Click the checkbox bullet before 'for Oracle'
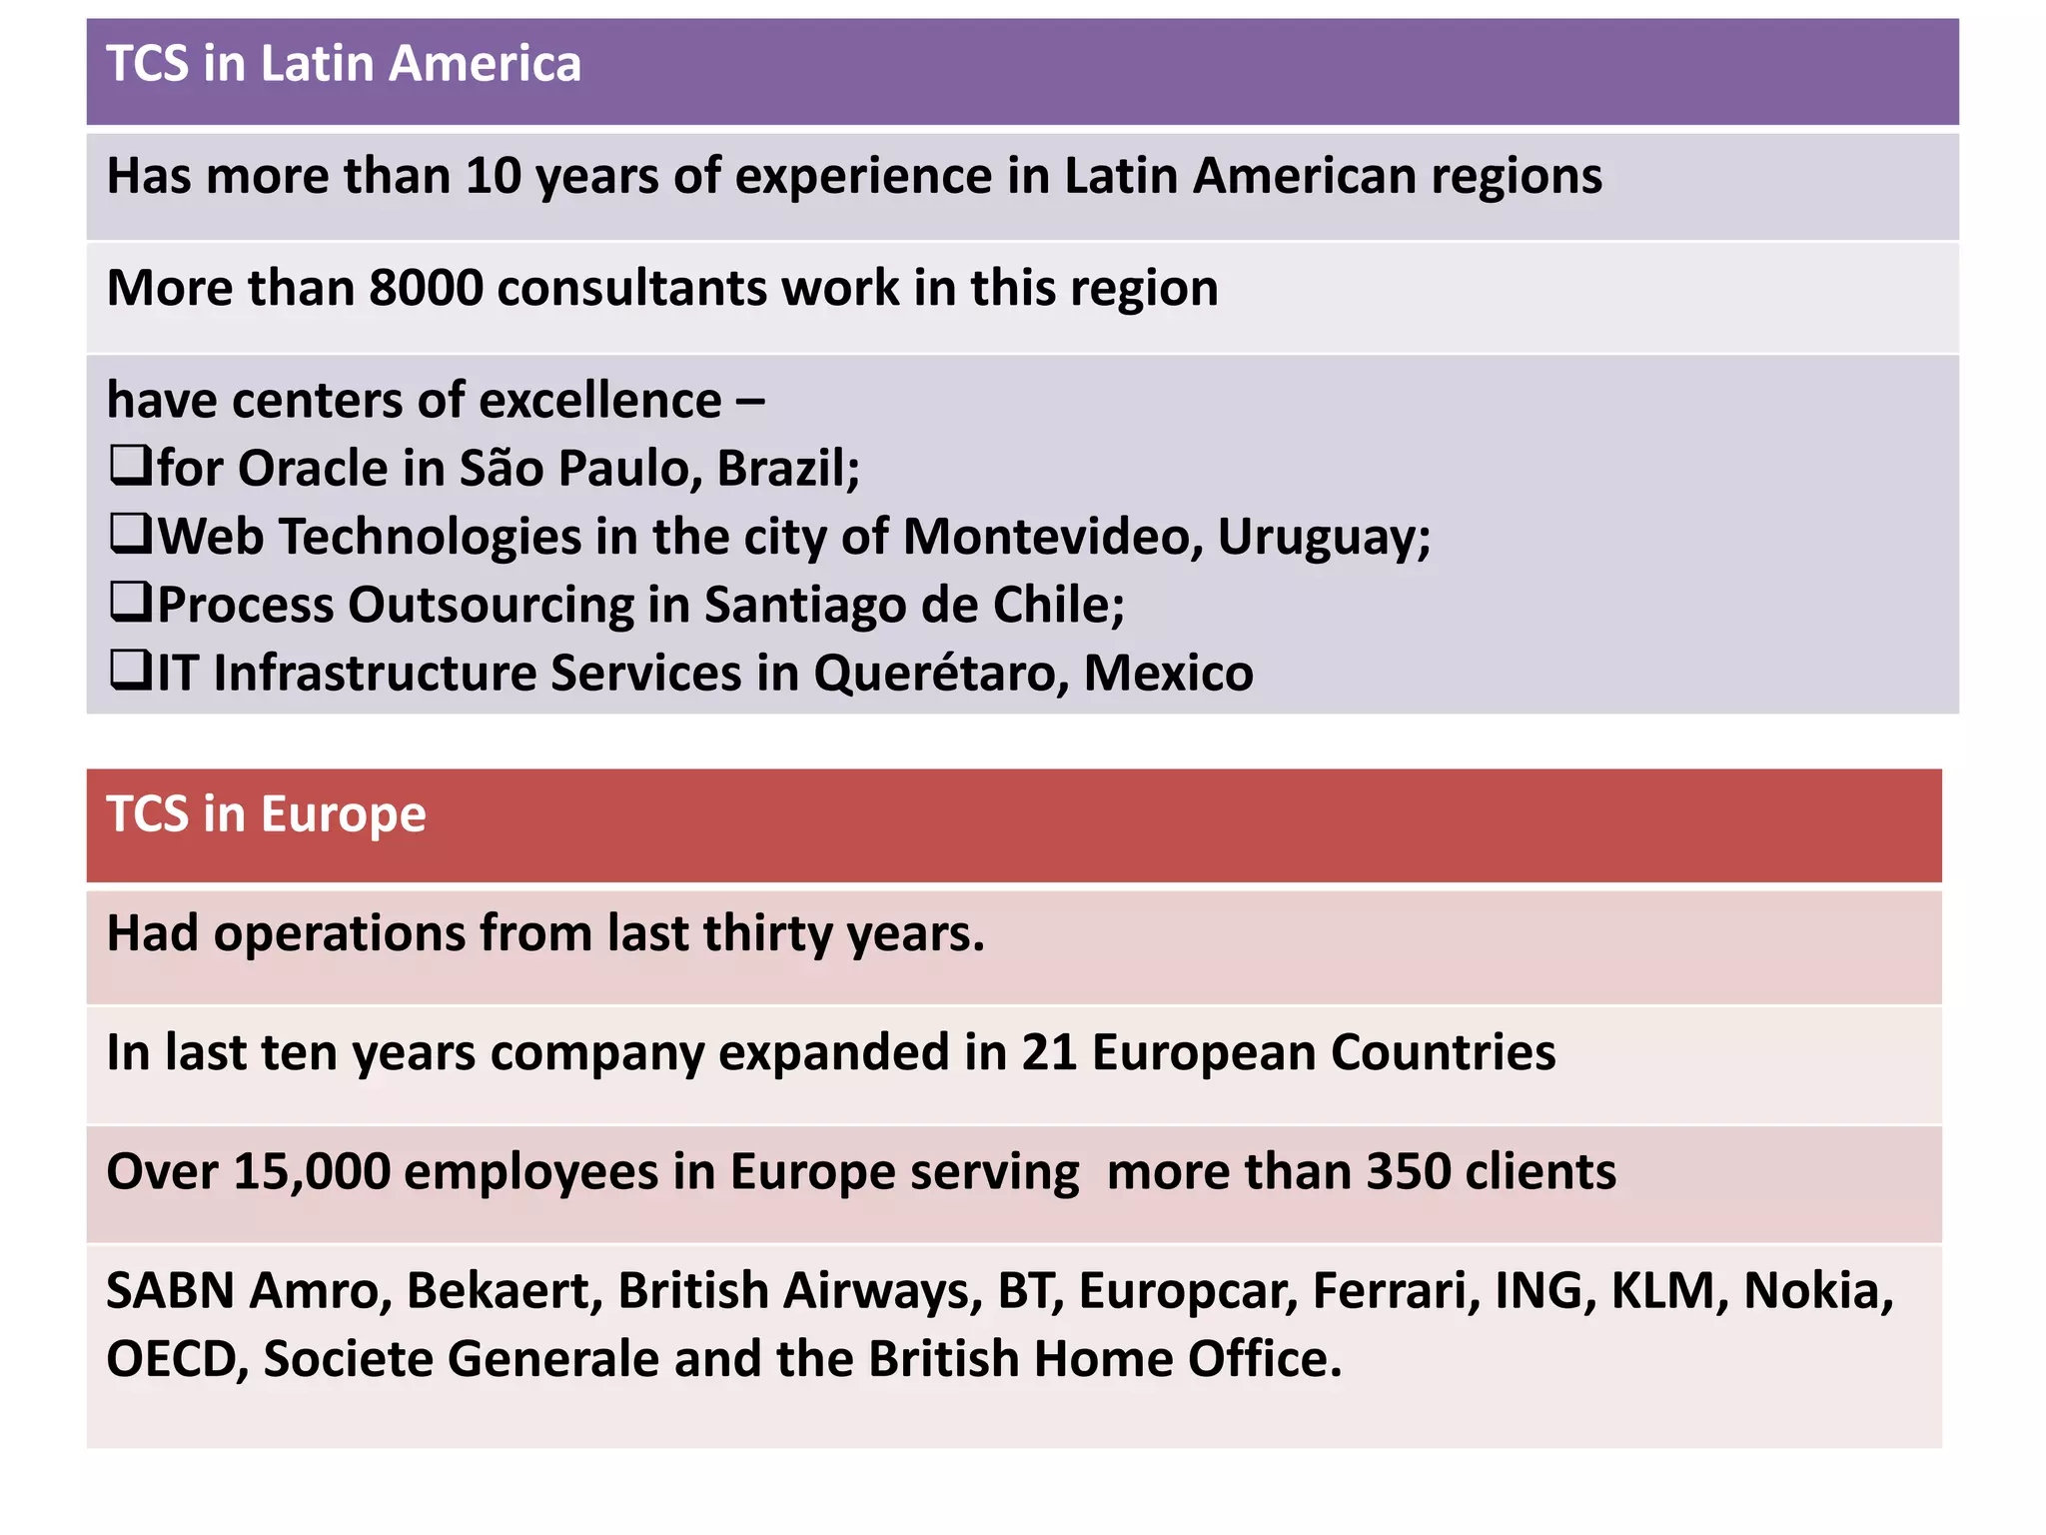pyautogui.click(x=130, y=466)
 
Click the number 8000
pyautogui.click(x=426, y=288)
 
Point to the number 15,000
pyautogui.click(x=311, y=1171)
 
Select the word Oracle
pyautogui.click(x=312, y=468)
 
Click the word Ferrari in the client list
pyautogui.click(x=1396, y=1290)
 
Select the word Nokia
pyautogui.click(x=1817, y=1290)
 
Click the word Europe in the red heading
pyautogui.click(x=343, y=814)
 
